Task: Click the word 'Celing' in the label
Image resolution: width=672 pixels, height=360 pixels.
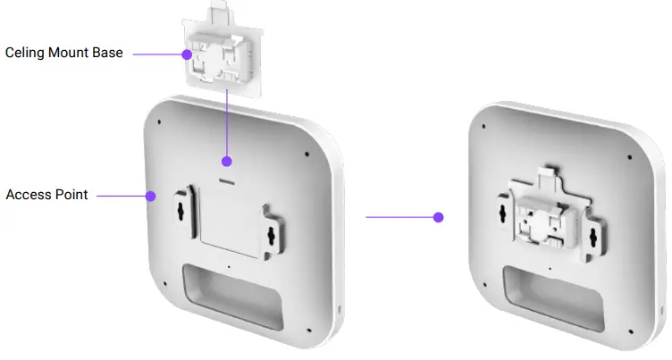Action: click(25, 54)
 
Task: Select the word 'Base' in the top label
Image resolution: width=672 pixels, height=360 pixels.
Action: click(109, 54)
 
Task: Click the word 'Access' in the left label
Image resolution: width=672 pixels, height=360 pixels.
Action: click(28, 194)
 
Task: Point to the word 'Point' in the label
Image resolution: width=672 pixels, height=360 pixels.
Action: click(71, 194)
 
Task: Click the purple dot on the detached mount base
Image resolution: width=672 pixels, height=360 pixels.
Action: click(187, 54)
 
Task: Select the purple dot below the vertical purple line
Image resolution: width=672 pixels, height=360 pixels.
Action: click(227, 162)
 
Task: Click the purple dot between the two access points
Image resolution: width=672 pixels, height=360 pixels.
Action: click(438, 217)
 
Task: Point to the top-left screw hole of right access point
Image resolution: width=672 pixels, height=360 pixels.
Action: click(482, 124)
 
